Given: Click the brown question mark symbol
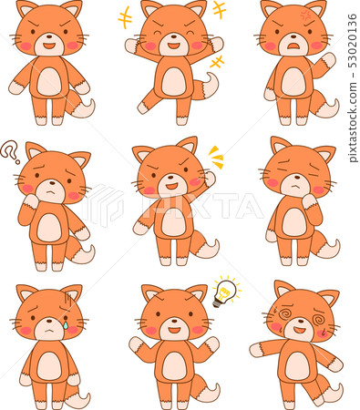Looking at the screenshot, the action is [x=10, y=151].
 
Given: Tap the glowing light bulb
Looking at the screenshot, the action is [x=226, y=291].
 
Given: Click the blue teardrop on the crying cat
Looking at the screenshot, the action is [x=66, y=325].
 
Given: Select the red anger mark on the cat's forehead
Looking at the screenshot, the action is [x=305, y=14].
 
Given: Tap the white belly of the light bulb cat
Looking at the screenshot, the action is [x=174, y=367].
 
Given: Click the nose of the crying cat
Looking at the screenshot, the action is [x=49, y=321].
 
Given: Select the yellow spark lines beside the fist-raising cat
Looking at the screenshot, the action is [x=216, y=157].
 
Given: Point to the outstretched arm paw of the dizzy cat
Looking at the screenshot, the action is [x=256, y=350].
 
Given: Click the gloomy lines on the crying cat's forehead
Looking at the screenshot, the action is [x=68, y=301].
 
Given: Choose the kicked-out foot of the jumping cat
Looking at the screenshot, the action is [x=143, y=108].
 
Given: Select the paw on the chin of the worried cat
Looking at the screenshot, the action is [x=310, y=201].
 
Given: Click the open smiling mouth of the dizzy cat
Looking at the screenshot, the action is [x=300, y=330].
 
